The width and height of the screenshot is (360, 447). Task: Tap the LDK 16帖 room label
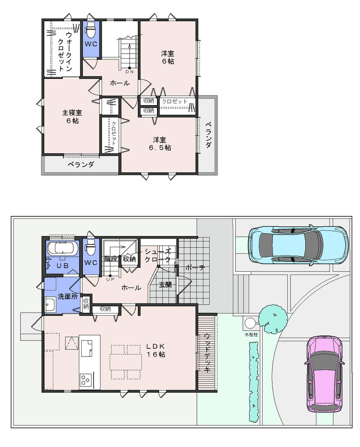coord(155,350)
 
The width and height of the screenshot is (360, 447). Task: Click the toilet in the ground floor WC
coord(91,248)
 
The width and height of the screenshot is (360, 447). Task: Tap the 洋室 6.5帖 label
coord(161,144)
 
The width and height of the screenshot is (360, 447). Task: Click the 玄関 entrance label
coord(165,285)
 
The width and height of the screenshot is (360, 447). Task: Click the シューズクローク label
coord(157,255)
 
